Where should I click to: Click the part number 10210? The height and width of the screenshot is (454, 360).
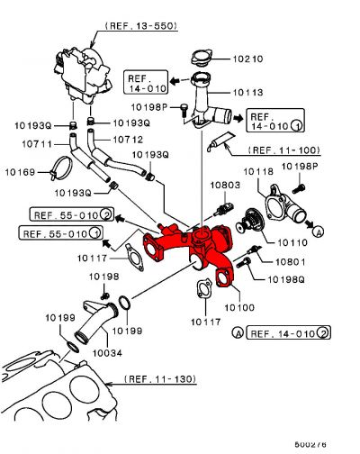pyautogui.click(x=247, y=59)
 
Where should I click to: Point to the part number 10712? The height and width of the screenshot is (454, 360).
pyautogui.click(x=127, y=140)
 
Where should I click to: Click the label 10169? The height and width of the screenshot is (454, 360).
pyautogui.click(x=20, y=171)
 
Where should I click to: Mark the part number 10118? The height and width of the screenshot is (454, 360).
pyautogui.click(x=259, y=171)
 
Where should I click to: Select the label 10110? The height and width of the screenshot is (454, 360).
pyautogui.click(x=293, y=241)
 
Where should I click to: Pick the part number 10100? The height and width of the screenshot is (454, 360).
pyautogui.click(x=240, y=307)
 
